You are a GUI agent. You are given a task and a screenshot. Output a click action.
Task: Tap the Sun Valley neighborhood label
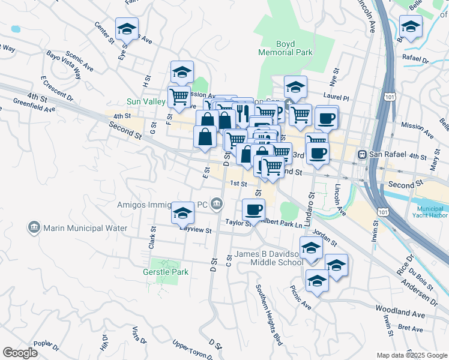pyautogui.click(x=145, y=101)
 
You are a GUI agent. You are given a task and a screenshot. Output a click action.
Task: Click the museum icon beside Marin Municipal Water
pyautogui.click(x=34, y=228)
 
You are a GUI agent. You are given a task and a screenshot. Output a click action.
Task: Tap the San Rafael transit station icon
pyautogui.click(x=362, y=154)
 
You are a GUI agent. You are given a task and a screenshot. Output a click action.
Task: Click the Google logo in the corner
pyautogui.click(x=20, y=353)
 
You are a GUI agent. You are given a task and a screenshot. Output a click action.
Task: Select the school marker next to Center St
pyautogui.click(x=127, y=28)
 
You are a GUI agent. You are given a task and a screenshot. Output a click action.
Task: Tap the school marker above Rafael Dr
pyautogui.click(x=411, y=26)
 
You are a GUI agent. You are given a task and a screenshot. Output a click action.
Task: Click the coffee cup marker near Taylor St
pyautogui.click(x=253, y=209)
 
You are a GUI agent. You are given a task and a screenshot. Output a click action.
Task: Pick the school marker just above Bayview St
pyautogui.click(x=182, y=213)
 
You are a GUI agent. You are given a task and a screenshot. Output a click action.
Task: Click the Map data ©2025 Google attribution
pyautogui.click(x=411, y=355)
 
